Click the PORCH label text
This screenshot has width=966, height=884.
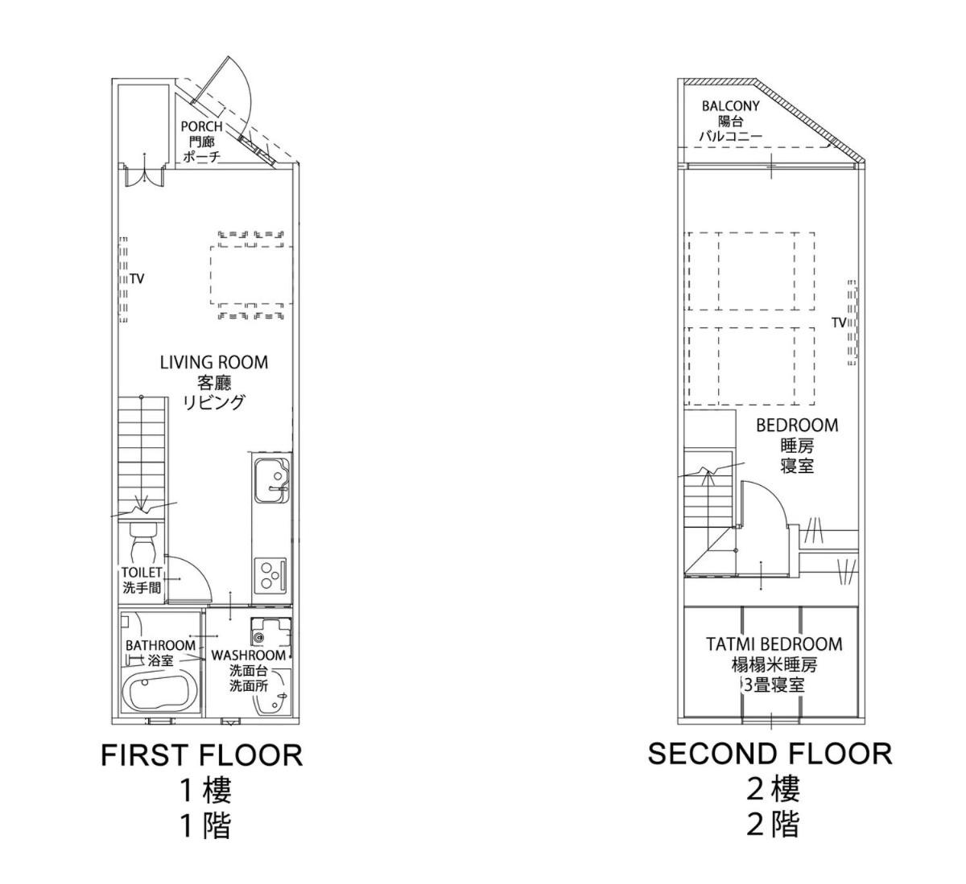(x=201, y=126)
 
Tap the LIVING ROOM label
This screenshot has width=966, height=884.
(x=214, y=362)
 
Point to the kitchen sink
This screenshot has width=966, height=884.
(x=271, y=480)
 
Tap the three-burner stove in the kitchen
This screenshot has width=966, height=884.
(x=270, y=575)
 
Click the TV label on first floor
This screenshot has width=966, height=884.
(x=137, y=279)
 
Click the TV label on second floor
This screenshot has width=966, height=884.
(x=838, y=323)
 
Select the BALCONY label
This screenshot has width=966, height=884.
(x=730, y=106)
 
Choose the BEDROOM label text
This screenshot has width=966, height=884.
(x=797, y=426)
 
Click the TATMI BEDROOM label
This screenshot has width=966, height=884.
(x=774, y=643)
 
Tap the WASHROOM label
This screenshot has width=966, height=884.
(x=249, y=656)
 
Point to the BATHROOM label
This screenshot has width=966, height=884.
(x=160, y=645)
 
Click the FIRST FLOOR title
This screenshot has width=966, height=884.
(x=202, y=755)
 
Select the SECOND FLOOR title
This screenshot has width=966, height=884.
(x=770, y=754)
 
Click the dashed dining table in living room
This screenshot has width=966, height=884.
(x=251, y=275)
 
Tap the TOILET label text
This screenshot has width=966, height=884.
(x=142, y=573)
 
